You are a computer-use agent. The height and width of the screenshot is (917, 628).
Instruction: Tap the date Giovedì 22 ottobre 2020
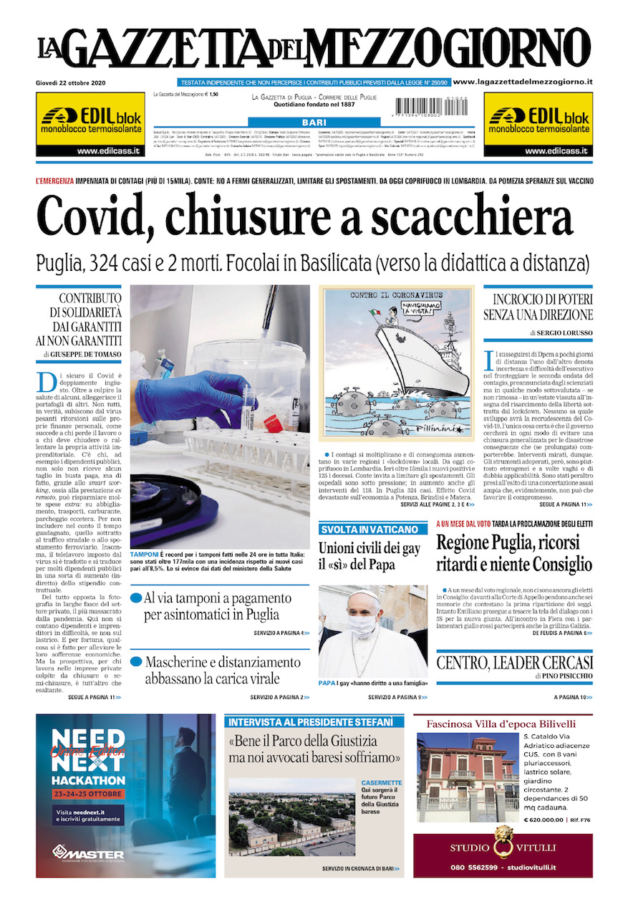(x=71, y=83)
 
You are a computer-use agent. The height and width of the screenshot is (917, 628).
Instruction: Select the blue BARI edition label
(x=314, y=123)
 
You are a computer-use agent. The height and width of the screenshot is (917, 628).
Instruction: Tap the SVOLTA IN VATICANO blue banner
(x=369, y=529)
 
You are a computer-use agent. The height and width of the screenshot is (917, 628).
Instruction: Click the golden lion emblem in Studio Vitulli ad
(x=503, y=841)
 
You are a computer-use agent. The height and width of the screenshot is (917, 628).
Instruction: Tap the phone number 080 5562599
(x=473, y=868)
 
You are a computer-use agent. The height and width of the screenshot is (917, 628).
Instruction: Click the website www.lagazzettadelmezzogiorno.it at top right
(x=523, y=82)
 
